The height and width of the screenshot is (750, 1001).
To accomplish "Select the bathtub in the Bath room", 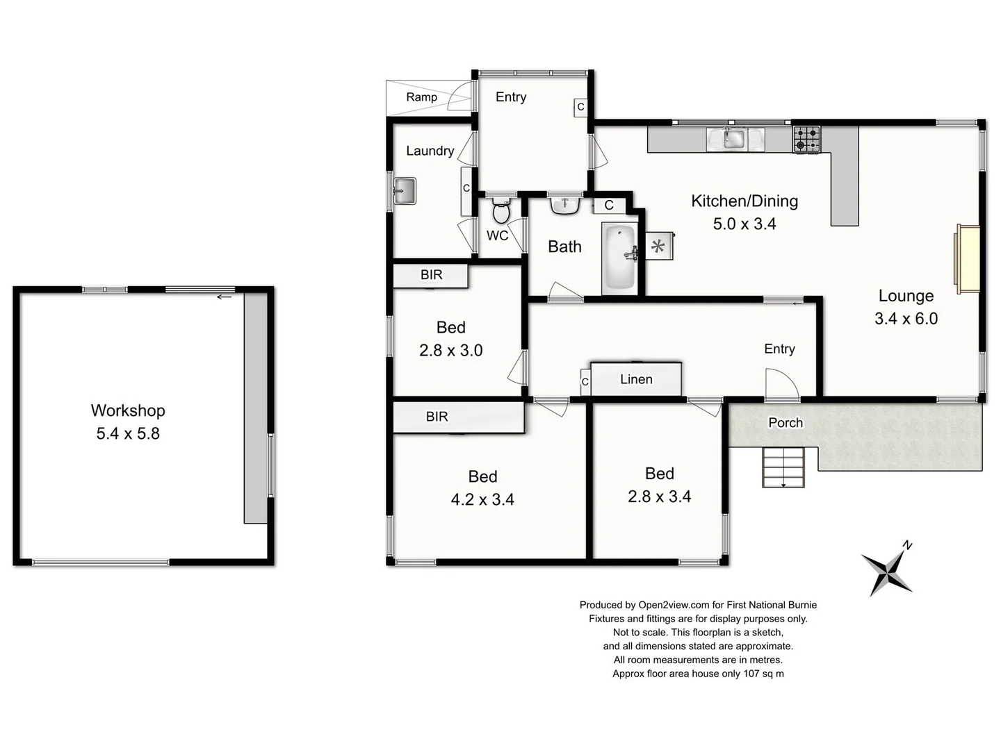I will click(x=618, y=257).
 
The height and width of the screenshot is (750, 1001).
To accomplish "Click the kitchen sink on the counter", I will click(x=733, y=139).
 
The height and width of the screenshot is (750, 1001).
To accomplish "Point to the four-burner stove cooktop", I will click(x=806, y=139).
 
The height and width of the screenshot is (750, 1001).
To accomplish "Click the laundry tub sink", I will click(x=404, y=190).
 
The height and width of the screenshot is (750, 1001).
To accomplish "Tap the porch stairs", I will click(x=783, y=467).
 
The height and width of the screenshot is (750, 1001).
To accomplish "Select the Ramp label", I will click(x=421, y=97).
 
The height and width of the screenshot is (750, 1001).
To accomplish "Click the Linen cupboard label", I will click(x=636, y=379).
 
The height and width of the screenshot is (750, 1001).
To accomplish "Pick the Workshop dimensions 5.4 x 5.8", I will click(x=128, y=434).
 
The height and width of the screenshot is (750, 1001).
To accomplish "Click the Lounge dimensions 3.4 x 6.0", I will click(x=906, y=319).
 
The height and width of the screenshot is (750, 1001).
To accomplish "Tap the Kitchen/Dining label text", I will click(x=744, y=201).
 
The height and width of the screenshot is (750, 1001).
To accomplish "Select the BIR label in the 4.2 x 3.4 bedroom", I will click(x=437, y=417).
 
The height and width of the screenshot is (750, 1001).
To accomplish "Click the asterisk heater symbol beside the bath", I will click(x=658, y=246).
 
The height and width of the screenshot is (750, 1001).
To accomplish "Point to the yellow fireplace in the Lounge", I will click(x=967, y=259).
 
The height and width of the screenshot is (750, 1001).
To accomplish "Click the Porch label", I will click(x=785, y=423).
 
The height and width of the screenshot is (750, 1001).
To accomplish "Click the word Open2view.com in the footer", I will click(x=674, y=605).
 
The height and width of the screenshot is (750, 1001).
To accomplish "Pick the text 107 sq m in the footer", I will click(x=763, y=674).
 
